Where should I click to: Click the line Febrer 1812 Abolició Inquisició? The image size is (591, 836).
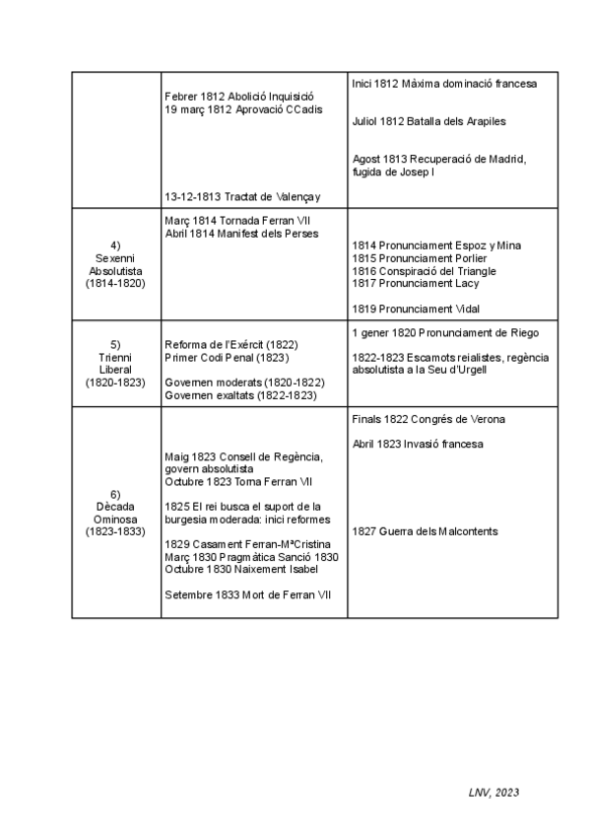(x=238, y=97)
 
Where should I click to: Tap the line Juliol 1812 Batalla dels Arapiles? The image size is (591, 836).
(x=428, y=122)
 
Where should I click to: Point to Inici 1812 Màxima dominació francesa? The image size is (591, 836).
(x=443, y=85)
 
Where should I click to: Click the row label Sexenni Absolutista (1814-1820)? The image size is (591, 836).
(x=116, y=263)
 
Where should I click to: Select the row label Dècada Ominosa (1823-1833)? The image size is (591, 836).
(x=116, y=513)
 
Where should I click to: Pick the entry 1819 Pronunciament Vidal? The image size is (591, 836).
(x=416, y=309)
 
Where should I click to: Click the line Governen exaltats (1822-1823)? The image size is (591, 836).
(x=240, y=395)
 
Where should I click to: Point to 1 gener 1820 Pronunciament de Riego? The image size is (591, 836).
(x=445, y=332)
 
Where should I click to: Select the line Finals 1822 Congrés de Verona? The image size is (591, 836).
(x=428, y=420)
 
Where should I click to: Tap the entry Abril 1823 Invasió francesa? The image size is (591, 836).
(x=418, y=445)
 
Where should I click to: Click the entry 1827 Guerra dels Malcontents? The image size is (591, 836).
(x=425, y=532)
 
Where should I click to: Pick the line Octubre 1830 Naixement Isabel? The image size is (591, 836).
(x=242, y=570)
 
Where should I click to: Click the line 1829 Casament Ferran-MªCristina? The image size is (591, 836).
(x=247, y=545)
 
